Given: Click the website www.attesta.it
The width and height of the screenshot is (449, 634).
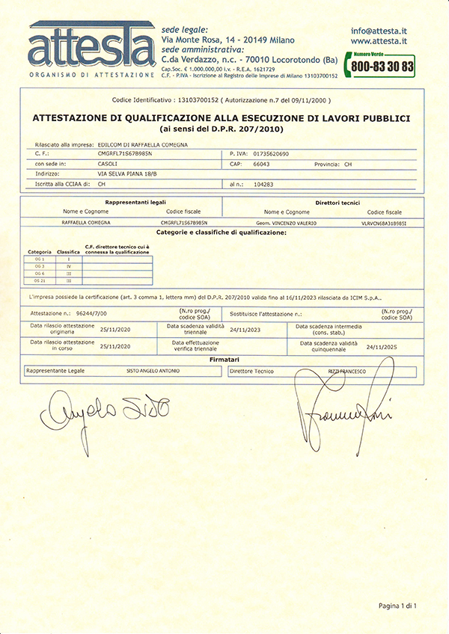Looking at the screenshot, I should point(379,42).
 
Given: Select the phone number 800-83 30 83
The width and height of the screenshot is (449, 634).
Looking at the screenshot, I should point(382,67).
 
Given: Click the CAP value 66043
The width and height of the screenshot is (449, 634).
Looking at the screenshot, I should point(263,162).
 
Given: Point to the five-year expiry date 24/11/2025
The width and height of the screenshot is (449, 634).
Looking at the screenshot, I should point(382,346).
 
